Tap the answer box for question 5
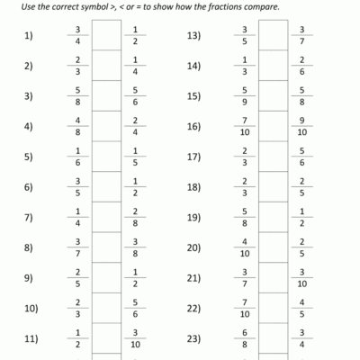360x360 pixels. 106,157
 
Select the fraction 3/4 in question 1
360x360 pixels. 80,36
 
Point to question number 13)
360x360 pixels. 193,36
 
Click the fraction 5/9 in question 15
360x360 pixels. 245,96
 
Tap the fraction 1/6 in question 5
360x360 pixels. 80,157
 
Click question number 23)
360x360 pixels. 193,339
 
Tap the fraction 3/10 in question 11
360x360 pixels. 135,339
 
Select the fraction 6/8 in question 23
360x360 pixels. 245,339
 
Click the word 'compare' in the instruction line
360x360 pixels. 259,7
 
